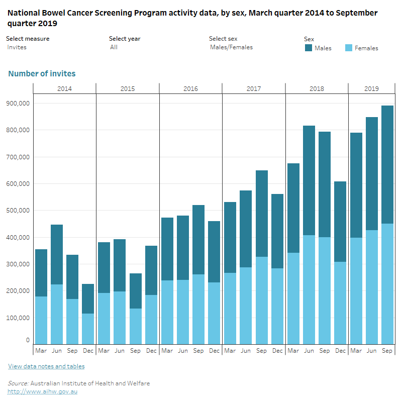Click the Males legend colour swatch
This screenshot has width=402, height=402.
coord(309,48)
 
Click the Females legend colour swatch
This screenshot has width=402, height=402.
coord(349,48)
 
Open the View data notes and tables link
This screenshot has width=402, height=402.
coord(46,366)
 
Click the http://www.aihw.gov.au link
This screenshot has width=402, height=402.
coord(42,391)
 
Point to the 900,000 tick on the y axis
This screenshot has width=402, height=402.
coord(18,103)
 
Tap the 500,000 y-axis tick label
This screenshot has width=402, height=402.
coord(18,211)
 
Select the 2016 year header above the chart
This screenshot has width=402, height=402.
coord(190,88)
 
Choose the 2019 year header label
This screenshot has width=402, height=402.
coord(371,88)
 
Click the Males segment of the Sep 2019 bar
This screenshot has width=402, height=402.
coord(387,164)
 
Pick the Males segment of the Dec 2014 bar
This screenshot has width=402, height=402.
coord(88,298)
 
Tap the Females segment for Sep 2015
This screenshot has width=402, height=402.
coord(135,326)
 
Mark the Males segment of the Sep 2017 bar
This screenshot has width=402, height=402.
coord(261,214)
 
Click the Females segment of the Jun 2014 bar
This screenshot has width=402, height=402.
coord(57,314)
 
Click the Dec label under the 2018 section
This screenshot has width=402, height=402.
coord(340,350)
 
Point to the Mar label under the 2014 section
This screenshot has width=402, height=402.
coord(41,350)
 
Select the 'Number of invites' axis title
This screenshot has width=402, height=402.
coord(42,74)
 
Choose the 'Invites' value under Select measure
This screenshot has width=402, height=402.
coord(17,47)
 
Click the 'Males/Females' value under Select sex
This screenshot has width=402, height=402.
coord(231,47)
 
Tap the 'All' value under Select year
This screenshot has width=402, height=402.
coord(114,47)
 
